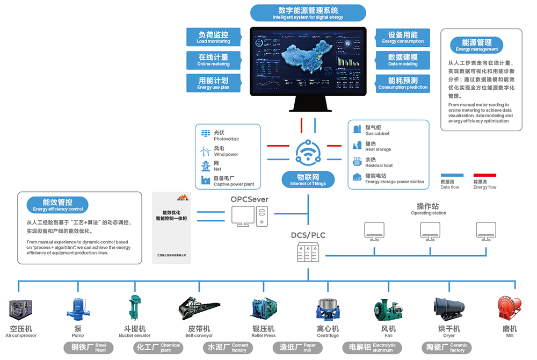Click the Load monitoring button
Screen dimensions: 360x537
pyautogui.click(x=213, y=37)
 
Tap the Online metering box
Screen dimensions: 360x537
pyautogui.click(x=213, y=60)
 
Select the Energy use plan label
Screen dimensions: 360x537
pyautogui.click(x=213, y=83)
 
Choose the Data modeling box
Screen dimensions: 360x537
pyautogui.click(x=403, y=60)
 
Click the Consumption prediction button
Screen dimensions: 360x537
pyautogui.click(x=403, y=83)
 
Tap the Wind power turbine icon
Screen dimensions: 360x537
pyautogui.click(x=205, y=150)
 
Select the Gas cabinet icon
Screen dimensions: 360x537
pyautogui.click(x=357, y=129)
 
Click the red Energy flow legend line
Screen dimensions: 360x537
pyautogui.click(x=484, y=175)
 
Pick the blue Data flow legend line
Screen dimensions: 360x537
pyautogui.click(x=452, y=175)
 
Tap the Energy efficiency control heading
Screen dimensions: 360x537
pyautogui.click(x=58, y=204)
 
